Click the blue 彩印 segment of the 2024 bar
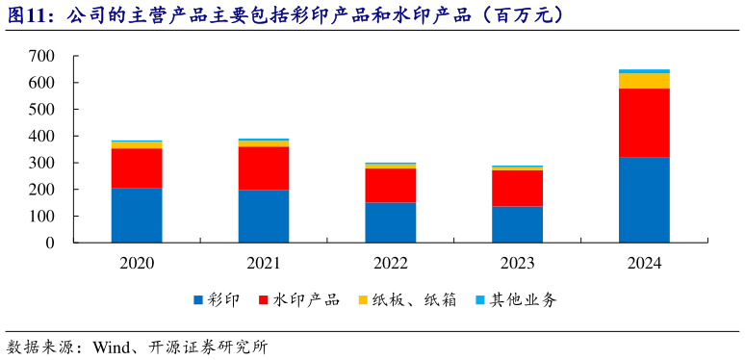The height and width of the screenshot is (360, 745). [644, 199]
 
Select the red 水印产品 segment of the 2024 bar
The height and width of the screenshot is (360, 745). [644, 122]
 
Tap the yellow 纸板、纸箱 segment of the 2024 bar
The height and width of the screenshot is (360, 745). [644, 81]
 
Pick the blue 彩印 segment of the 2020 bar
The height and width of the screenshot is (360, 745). [137, 215]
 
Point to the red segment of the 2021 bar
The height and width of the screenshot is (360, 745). [264, 168]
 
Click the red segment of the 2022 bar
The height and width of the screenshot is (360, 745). [390, 185]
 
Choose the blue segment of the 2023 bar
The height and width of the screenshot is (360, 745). [517, 224]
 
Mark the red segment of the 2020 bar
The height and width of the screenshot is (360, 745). [137, 168]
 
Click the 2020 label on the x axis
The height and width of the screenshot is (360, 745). [137, 262]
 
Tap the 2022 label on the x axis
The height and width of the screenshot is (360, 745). [390, 262]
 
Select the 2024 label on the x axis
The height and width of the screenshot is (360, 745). [644, 262]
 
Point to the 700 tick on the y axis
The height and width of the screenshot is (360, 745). [41, 57]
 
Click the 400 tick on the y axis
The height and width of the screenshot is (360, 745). [41, 137]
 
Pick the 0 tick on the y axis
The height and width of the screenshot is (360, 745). [50, 243]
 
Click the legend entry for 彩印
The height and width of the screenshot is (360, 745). [217, 300]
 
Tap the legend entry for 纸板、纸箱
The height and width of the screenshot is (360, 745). [406, 300]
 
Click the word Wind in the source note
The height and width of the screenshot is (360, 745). [111, 347]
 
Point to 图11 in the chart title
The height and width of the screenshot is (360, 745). [26, 15]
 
